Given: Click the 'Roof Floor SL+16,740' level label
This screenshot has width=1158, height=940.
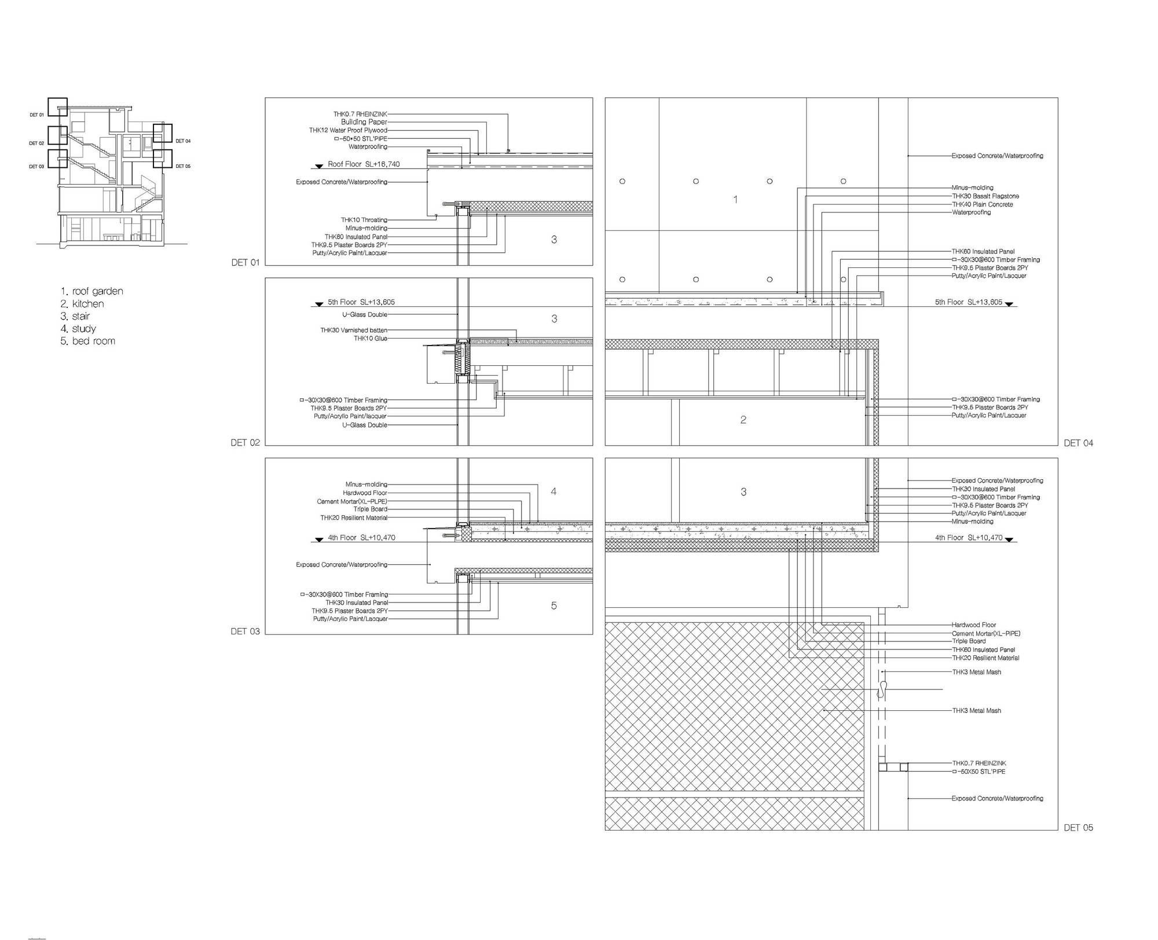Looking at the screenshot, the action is click(x=364, y=164).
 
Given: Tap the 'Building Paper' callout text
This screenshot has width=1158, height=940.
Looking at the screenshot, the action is click(x=364, y=122).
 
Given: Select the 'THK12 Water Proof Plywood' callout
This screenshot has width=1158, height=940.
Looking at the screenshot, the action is click(x=348, y=131).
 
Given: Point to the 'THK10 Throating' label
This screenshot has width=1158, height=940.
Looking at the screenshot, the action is click(x=364, y=220).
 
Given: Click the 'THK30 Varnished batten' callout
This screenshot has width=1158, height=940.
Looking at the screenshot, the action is click(x=354, y=331).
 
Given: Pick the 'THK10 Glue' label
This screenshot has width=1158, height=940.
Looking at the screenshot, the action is click(x=371, y=339).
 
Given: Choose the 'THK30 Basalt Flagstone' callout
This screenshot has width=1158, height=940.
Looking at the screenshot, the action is click(x=985, y=196).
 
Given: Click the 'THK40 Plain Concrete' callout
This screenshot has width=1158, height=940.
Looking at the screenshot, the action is click(x=983, y=204).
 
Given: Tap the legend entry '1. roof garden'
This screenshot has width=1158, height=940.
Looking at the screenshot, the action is click(x=92, y=291).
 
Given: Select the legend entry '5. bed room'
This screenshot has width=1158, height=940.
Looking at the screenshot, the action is click(x=88, y=341).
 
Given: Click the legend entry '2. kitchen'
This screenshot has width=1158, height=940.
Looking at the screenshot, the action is click(x=82, y=304).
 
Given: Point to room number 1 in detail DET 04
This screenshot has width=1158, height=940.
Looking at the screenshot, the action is click(x=735, y=200).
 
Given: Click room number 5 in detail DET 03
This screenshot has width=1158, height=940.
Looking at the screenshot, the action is click(x=554, y=605).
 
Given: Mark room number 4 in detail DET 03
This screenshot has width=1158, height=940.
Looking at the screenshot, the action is click(x=554, y=491).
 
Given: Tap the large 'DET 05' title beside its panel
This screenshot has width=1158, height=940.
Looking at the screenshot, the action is click(x=1079, y=828).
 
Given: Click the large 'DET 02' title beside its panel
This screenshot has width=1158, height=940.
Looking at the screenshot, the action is click(x=245, y=443).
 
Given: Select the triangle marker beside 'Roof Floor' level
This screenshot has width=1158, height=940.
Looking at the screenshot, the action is click(x=318, y=167).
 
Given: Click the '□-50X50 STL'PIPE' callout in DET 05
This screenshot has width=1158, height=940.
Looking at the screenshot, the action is click(x=979, y=772).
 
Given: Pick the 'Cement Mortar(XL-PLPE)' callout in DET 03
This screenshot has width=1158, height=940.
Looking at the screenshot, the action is click(x=352, y=501).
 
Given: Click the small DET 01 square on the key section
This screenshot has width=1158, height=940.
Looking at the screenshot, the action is click(x=57, y=107).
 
